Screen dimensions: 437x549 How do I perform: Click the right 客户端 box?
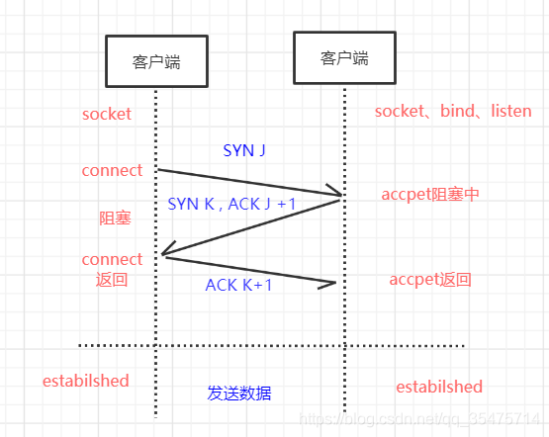344,57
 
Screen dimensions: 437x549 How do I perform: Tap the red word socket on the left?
107,114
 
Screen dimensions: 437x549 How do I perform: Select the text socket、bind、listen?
453,111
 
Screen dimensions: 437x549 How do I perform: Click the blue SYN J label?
243,151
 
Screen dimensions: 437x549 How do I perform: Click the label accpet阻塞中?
430,194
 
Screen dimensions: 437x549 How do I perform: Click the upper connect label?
112,170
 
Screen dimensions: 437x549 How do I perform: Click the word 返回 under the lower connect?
112,280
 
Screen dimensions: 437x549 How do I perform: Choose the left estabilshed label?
85,380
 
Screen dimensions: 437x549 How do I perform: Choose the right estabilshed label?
439,387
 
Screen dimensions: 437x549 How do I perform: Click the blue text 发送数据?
239,393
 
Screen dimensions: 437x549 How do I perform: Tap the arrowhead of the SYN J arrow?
337,193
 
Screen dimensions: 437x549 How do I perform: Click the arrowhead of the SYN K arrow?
167,254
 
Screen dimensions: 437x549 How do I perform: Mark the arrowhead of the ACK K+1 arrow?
331,285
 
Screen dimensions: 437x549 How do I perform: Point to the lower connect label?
112,259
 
